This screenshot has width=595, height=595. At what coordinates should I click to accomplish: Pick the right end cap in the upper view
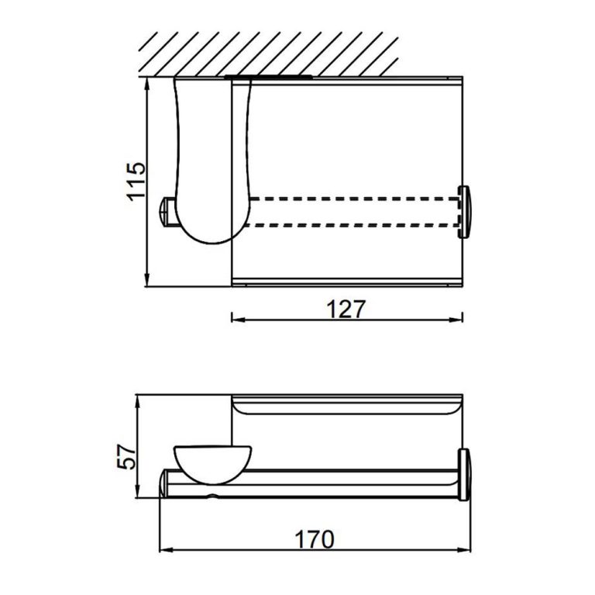coord(465,212)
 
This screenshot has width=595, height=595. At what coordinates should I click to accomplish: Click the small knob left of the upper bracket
coord(165,212)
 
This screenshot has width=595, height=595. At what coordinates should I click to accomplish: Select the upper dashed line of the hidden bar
coord(349,199)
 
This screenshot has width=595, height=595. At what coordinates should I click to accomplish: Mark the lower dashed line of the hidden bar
coord(349,226)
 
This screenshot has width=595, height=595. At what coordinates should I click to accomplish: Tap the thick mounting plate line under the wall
coord(267,78)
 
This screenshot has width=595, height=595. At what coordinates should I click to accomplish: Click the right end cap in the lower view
coord(465,475)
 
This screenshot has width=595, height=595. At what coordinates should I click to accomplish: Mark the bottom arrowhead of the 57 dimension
coord(137,497)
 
